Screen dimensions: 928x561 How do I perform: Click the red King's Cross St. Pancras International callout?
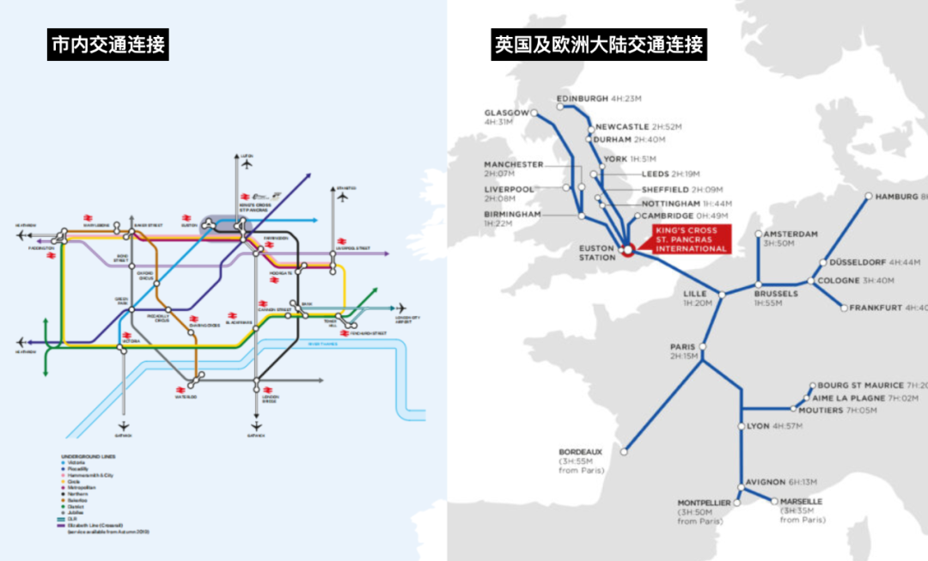point(690,239)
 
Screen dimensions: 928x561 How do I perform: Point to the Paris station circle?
point(703,347)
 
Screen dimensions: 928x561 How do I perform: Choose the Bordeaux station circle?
point(625,450)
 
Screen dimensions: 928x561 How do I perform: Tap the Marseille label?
point(803,501)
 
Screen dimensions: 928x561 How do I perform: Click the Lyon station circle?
point(742,426)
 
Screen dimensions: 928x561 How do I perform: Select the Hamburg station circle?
point(869,196)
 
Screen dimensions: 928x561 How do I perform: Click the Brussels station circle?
point(758,284)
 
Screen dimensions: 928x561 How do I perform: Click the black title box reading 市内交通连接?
point(107,44)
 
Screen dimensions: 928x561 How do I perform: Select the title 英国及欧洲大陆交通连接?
point(599,44)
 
